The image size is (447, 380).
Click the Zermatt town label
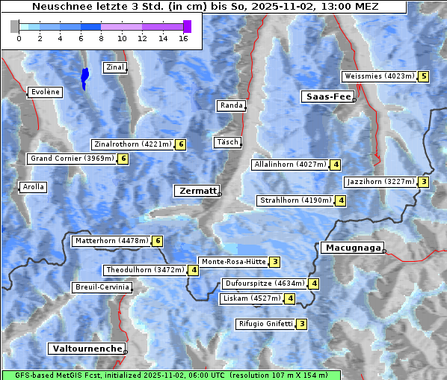(x=197, y=191)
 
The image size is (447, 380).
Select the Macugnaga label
(x=351, y=248)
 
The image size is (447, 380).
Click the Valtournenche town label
(x=86, y=349)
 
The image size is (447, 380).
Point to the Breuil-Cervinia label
(x=102, y=287)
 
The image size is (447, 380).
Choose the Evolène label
(x=44, y=92)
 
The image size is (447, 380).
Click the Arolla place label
(x=33, y=187)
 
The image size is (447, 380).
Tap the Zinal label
(x=114, y=67)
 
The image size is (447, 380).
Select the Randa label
(x=231, y=105)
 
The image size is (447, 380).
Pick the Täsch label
(x=226, y=142)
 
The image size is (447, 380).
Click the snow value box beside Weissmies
(x=424, y=76)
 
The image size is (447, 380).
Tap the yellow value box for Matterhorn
(x=157, y=241)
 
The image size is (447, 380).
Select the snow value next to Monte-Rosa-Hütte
(x=275, y=262)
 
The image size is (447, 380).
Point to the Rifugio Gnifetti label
(x=265, y=324)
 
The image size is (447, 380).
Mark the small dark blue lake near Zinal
(x=84, y=77)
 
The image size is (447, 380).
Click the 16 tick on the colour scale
(x=183, y=38)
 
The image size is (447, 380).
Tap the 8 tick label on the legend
(x=101, y=38)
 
